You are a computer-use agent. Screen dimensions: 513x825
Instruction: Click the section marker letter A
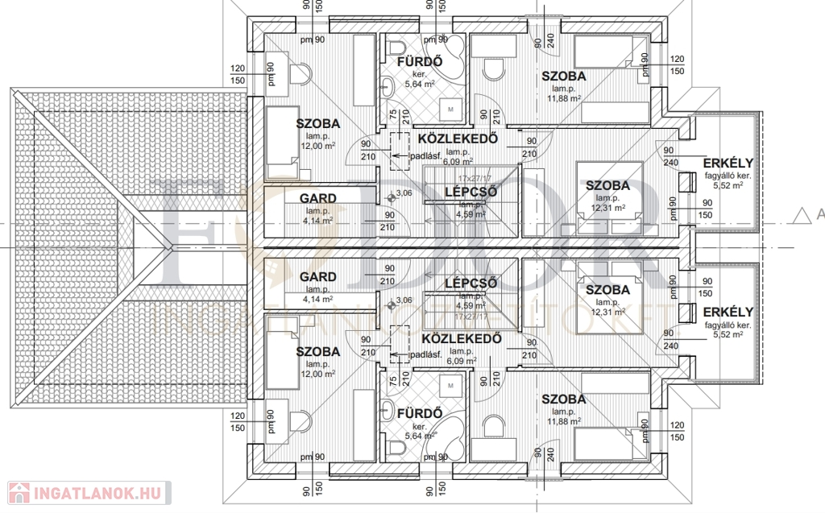[x=820, y=214]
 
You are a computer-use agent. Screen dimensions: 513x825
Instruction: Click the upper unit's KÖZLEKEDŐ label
[x=456, y=139]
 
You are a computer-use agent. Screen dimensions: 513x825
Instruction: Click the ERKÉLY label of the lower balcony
[x=728, y=312]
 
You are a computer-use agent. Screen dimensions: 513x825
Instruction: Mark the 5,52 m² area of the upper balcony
[x=727, y=184]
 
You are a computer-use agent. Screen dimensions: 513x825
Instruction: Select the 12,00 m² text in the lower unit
[x=317, y=374]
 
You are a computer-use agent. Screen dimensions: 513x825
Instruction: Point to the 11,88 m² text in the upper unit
[x=563, y=98]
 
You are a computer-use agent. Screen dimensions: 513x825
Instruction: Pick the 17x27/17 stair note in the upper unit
[x=475, y=178]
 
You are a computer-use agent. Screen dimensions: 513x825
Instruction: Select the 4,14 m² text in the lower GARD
[x=317, y=299]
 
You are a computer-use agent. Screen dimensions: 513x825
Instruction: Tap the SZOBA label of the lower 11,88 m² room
[x=563, y=399]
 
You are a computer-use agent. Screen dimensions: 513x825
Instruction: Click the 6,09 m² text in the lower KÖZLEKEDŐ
[x=460, y=362]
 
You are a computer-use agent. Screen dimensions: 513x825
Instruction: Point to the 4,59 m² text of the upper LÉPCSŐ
[x=471, y=214]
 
